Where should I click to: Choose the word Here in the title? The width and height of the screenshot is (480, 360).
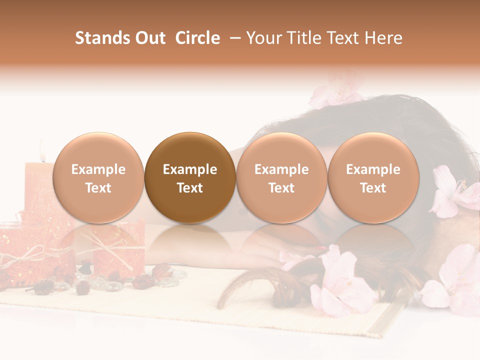[382, 38]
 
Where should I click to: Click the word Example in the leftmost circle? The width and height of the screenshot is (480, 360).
[98, 169]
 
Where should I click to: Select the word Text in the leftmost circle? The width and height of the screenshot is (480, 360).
[98, 188]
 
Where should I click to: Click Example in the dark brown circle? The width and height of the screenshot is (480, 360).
[190, 169]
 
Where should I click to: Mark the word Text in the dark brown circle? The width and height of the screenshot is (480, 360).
[190, 188]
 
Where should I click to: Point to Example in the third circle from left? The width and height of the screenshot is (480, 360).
[281, 169]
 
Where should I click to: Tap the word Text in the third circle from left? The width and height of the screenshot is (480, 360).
[281, 188]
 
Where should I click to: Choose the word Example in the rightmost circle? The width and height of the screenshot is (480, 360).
[373, 169]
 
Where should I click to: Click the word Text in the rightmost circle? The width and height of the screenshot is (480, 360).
[373, 188]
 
